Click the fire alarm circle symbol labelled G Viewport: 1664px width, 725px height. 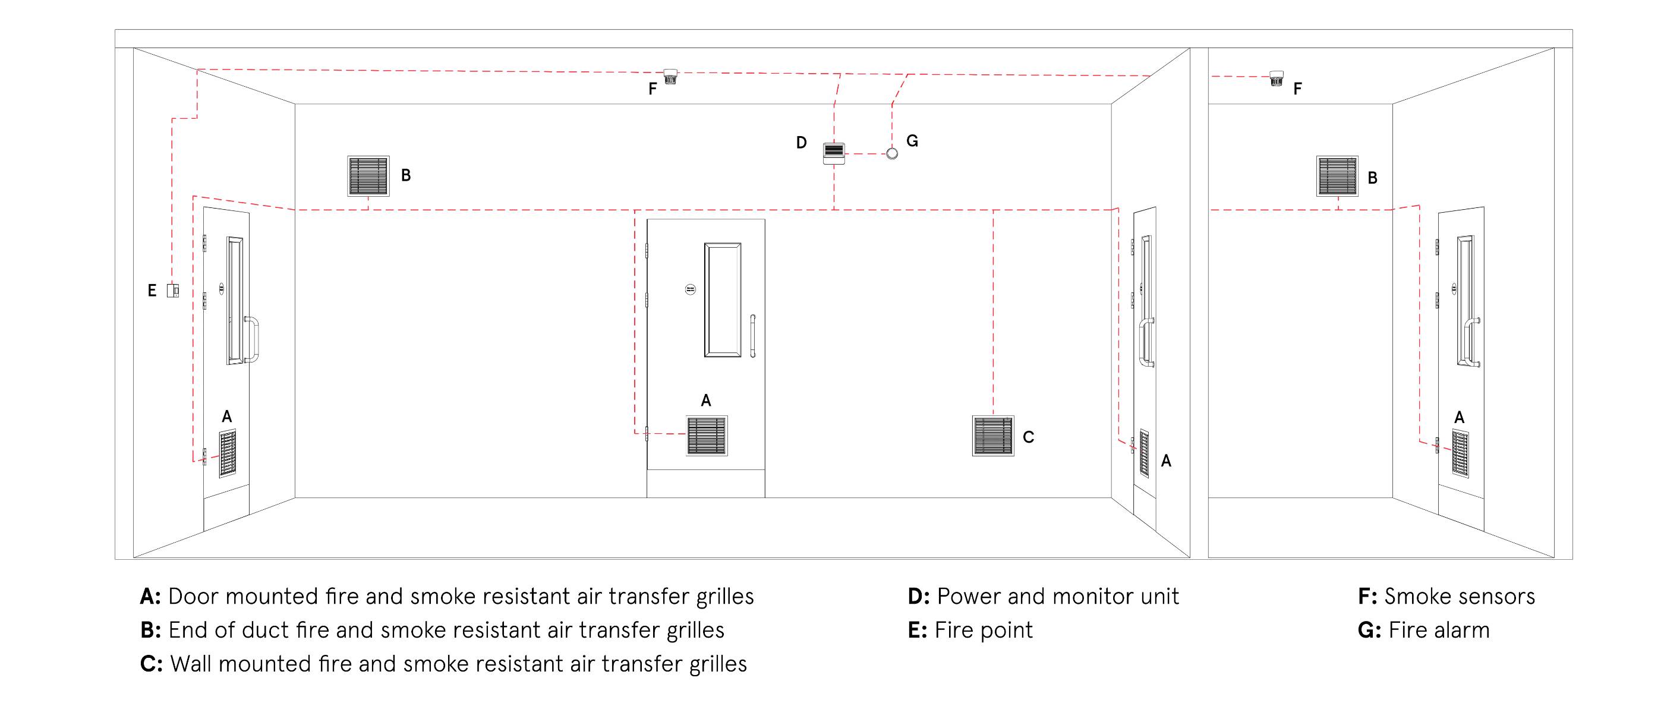tap(891, 154)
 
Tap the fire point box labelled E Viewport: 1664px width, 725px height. tap(172, 290)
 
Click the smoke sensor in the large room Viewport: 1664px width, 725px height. tap(670, 77)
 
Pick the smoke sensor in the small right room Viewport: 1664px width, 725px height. tap(1276, 78)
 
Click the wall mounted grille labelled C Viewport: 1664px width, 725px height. tap(993, 436)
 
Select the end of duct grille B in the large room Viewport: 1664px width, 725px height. tap(368, 176)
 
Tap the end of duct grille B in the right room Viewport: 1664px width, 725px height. tap(1337, 176)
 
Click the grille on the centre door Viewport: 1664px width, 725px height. tap(707, 436)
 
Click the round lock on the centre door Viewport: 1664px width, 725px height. tap(690, 289)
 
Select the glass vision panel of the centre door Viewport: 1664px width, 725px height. tap(722, 300)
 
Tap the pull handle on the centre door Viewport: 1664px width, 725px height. tap(752, 336)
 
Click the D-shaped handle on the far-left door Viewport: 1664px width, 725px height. tap(253, 339)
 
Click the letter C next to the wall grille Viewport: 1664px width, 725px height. tap(1028, 437)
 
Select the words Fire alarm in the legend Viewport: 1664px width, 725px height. tap(1439, 630)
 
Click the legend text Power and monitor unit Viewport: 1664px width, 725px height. tap(1057, 597)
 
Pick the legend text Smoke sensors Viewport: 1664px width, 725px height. tap(1459, 597)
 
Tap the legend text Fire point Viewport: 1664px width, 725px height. tap(983, 630)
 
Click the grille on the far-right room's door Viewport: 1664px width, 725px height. tap(1460, 453)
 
